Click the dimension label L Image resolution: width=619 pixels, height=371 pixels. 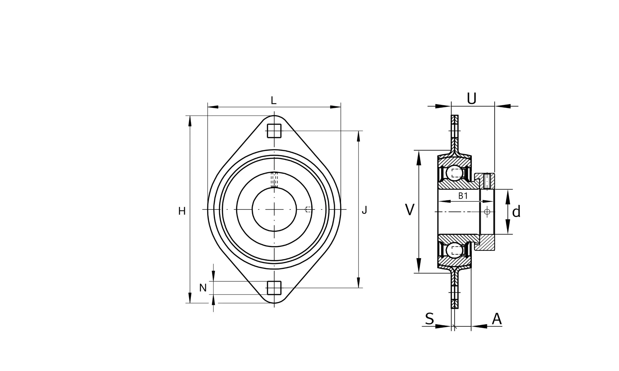[x=274, y=100]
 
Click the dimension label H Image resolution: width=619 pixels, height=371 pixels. [x=182, y=211]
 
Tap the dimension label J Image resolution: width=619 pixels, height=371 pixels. [x=365, y=210]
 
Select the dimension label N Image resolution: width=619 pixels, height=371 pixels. [x=203, y=288]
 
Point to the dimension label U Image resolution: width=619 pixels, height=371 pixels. [x=472, y=98]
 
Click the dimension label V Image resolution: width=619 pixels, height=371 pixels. [x=410, y=210]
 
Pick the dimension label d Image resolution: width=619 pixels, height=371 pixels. [x=516, y=211]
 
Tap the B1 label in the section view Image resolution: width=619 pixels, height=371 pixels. [x=463, y=196]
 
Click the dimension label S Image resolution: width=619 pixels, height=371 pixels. [x=429, y=319]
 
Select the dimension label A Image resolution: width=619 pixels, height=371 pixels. [x=497, y=319]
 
